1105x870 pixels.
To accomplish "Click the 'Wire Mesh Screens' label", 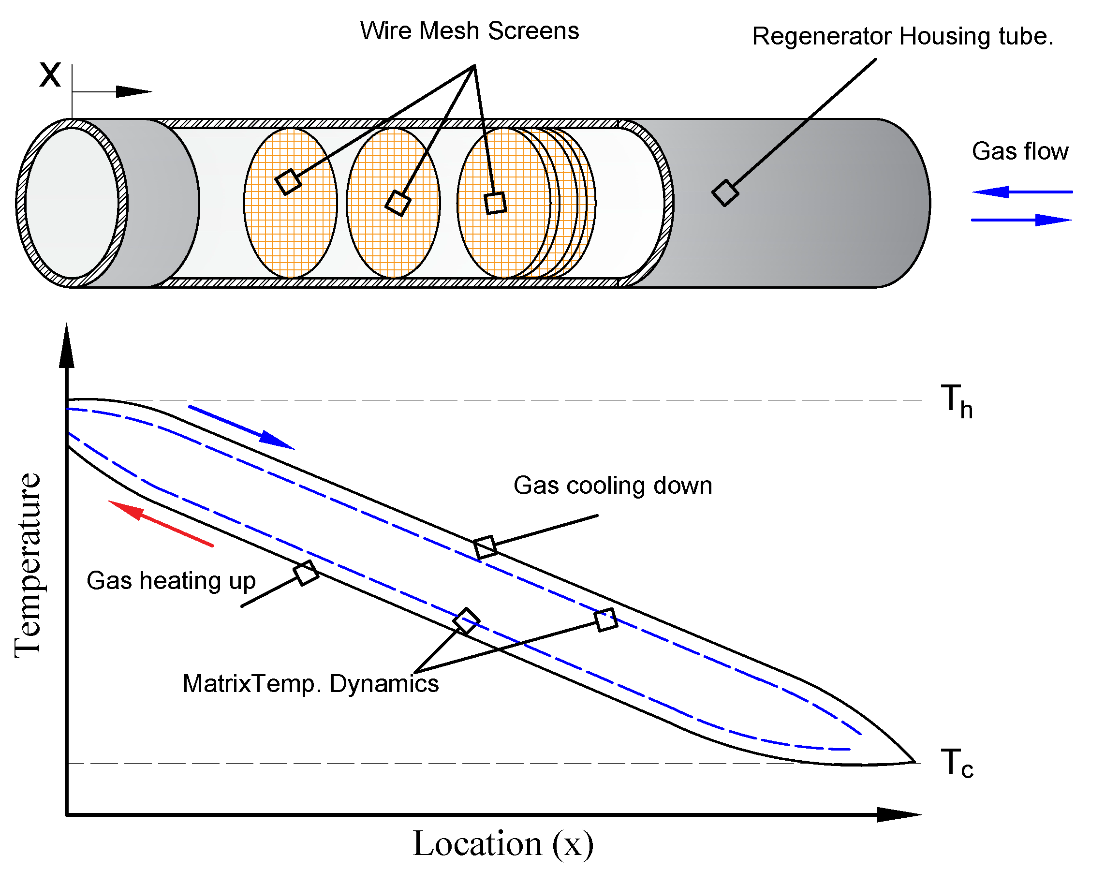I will [x=469, y=31].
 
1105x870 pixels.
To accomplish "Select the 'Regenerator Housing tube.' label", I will [x=902, y=37].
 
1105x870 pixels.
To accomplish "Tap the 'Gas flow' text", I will [x=1019, y=151].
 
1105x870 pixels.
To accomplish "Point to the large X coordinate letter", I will [x=50, y=75].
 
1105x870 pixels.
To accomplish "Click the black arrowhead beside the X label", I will [x=133, y=92].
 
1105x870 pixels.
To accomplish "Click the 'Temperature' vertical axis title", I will [x=28, y=565].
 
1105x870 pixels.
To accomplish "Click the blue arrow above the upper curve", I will [x=241, y=428].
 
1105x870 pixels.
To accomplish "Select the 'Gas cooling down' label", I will [x=612, y=486].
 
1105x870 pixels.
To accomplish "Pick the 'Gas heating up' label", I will [x=171, y=581].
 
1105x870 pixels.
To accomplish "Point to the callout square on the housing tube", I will [x=724, y=193].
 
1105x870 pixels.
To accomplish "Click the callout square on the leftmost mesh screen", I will [x=288, y=182].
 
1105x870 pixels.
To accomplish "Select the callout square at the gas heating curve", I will [x=306, y=573].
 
